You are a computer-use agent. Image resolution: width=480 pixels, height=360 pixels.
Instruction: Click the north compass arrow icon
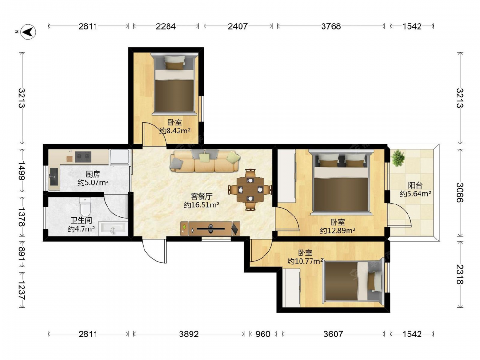[x=28, y=32]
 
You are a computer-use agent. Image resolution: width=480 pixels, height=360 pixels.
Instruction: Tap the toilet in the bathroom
[x=85, y=206]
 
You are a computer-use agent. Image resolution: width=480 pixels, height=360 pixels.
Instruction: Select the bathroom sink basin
[x=113, y=228]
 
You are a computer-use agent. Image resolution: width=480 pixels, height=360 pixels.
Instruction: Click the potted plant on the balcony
[x=397, y=158]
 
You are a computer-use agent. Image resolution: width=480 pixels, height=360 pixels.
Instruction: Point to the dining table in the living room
[x=251, y=190]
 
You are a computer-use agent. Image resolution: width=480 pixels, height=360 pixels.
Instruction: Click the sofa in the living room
[x=205, y=161]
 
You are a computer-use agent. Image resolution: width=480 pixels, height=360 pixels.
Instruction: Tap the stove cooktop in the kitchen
[x=83, y=156]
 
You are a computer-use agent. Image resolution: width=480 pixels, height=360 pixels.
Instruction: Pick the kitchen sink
[x=54, y=179]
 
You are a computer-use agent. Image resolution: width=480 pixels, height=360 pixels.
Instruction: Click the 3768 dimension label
[x=331, y=26]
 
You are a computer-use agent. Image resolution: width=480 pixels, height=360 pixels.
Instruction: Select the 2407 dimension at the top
[x=238, y=26]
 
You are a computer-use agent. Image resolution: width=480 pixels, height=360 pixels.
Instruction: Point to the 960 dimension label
[x=263, y=334]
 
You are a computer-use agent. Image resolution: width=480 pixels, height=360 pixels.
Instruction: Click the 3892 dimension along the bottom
[x=189, y=334]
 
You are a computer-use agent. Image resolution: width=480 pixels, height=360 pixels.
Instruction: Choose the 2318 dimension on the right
[x=460, y=274]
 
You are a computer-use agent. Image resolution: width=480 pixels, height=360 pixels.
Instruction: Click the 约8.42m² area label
[x=175, y=131]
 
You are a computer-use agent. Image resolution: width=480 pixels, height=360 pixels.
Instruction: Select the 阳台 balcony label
[x=415, y=185]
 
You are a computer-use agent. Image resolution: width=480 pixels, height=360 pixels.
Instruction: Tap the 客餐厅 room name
[x=201, y=196]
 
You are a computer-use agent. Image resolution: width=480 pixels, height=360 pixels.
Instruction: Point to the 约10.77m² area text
[x=305, y=261]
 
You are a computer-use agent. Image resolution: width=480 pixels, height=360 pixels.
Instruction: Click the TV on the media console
[x=211, y=228]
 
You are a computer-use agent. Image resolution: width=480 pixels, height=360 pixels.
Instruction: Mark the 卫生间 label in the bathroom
[x=81, y=220]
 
